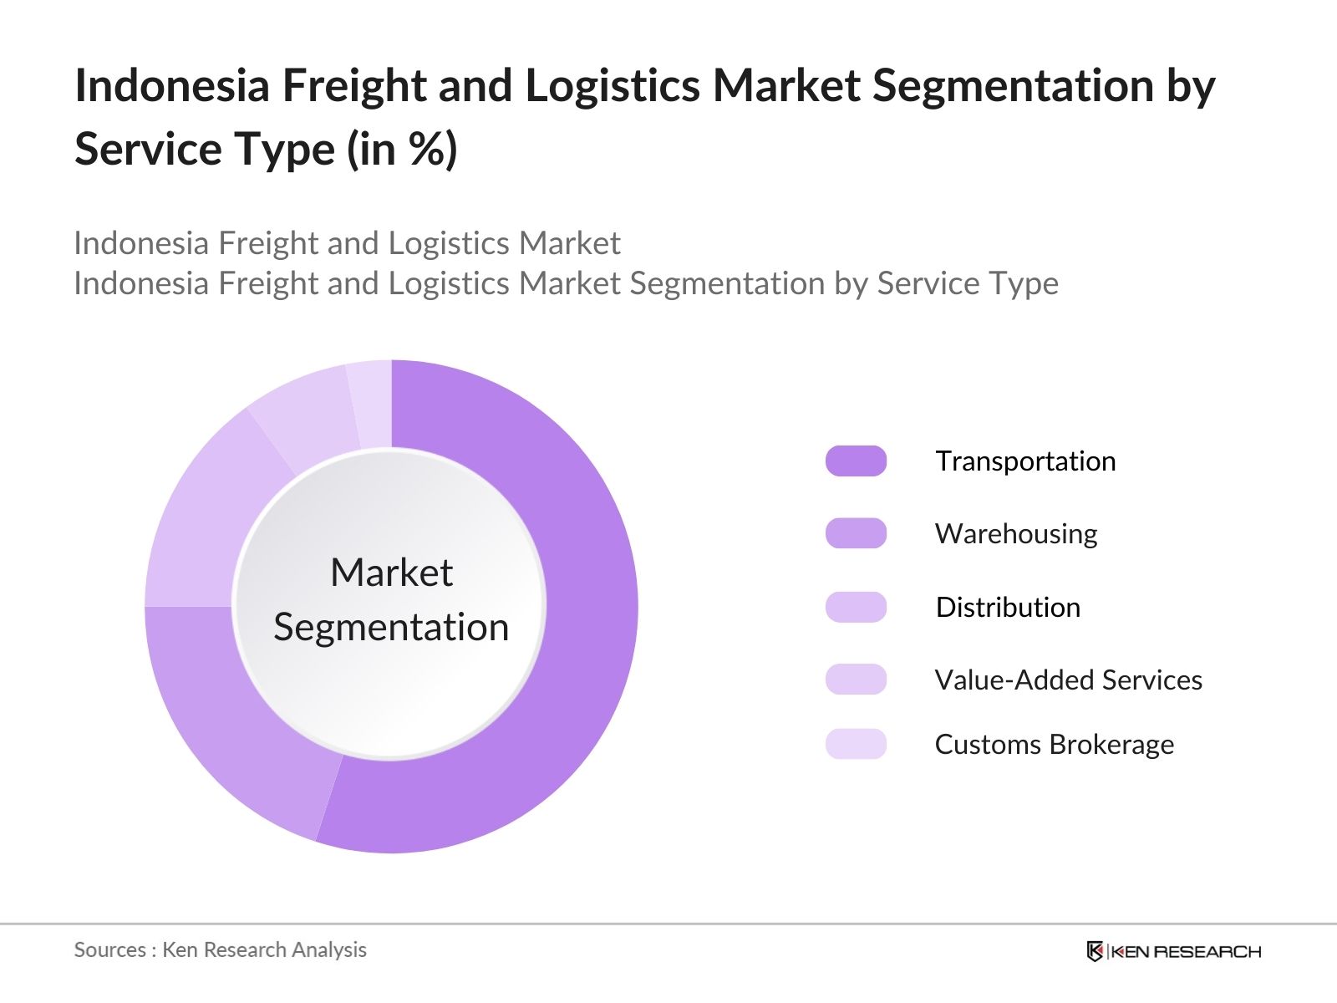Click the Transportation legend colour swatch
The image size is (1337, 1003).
click(856, 461)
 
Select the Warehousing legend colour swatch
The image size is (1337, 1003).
click(856, 533)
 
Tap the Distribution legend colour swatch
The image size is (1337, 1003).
click(856, 607)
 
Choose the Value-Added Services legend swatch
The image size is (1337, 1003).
click(856, 680)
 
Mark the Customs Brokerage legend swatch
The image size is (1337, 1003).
click(856, 744)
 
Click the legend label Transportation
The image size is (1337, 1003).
click(1025, 461)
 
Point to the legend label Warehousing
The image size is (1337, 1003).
click(1016, 533)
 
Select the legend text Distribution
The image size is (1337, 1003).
click(1008, 607)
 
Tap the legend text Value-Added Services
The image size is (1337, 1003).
click(1068, 680)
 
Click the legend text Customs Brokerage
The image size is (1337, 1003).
click(1054, 744)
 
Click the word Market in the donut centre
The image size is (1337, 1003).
click(391, 573)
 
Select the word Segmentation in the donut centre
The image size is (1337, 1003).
click(391, 627)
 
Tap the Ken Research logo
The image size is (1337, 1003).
click(1173, 951)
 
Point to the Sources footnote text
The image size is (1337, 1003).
click(220, 950)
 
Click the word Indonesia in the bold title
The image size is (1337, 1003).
click(172, 85)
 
